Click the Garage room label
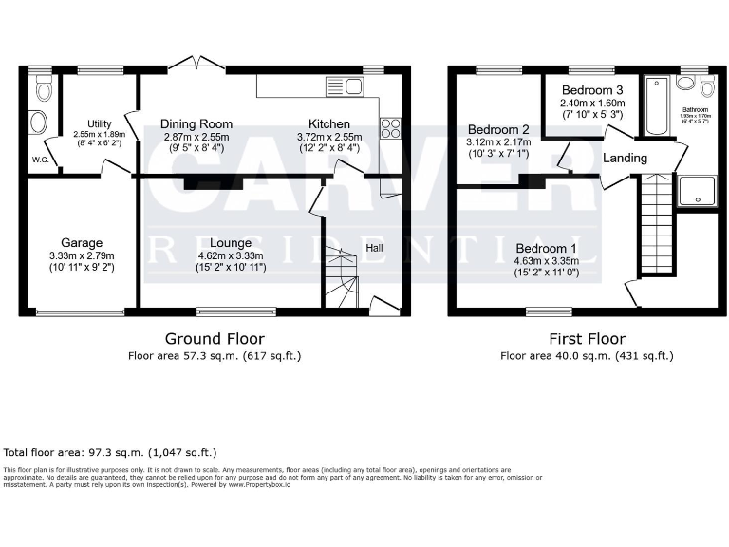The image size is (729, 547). [81, 243]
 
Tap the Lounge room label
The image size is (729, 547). [231, 243]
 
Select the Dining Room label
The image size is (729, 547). [196, 124]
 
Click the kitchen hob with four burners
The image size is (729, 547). [390, 128]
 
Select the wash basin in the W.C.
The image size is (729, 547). [38, 123]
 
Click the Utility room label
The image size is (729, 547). [99, 124]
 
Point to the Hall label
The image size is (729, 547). [376, 248]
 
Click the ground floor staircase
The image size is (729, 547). [341, 275]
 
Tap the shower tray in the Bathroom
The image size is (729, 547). [697, 192]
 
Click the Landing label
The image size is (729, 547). [626, 158]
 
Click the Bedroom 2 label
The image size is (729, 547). [498, 130]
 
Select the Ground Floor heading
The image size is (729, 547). [215, 338]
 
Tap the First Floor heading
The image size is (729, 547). [587, 338]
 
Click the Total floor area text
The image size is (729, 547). [110, 453]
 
